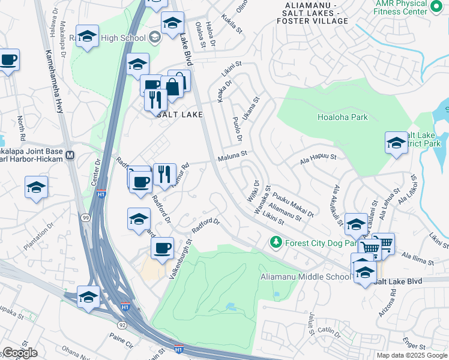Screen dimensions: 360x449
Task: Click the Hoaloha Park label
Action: [342, 118]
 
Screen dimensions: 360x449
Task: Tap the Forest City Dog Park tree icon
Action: [276, 242]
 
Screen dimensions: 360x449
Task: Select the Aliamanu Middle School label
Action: [305, 277]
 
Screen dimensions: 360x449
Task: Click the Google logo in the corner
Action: [19, 353]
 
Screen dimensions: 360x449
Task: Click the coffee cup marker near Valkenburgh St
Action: [162, 248]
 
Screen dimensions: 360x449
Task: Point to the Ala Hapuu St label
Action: [318, 158]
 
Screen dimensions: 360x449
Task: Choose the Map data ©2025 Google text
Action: [411, 355]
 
